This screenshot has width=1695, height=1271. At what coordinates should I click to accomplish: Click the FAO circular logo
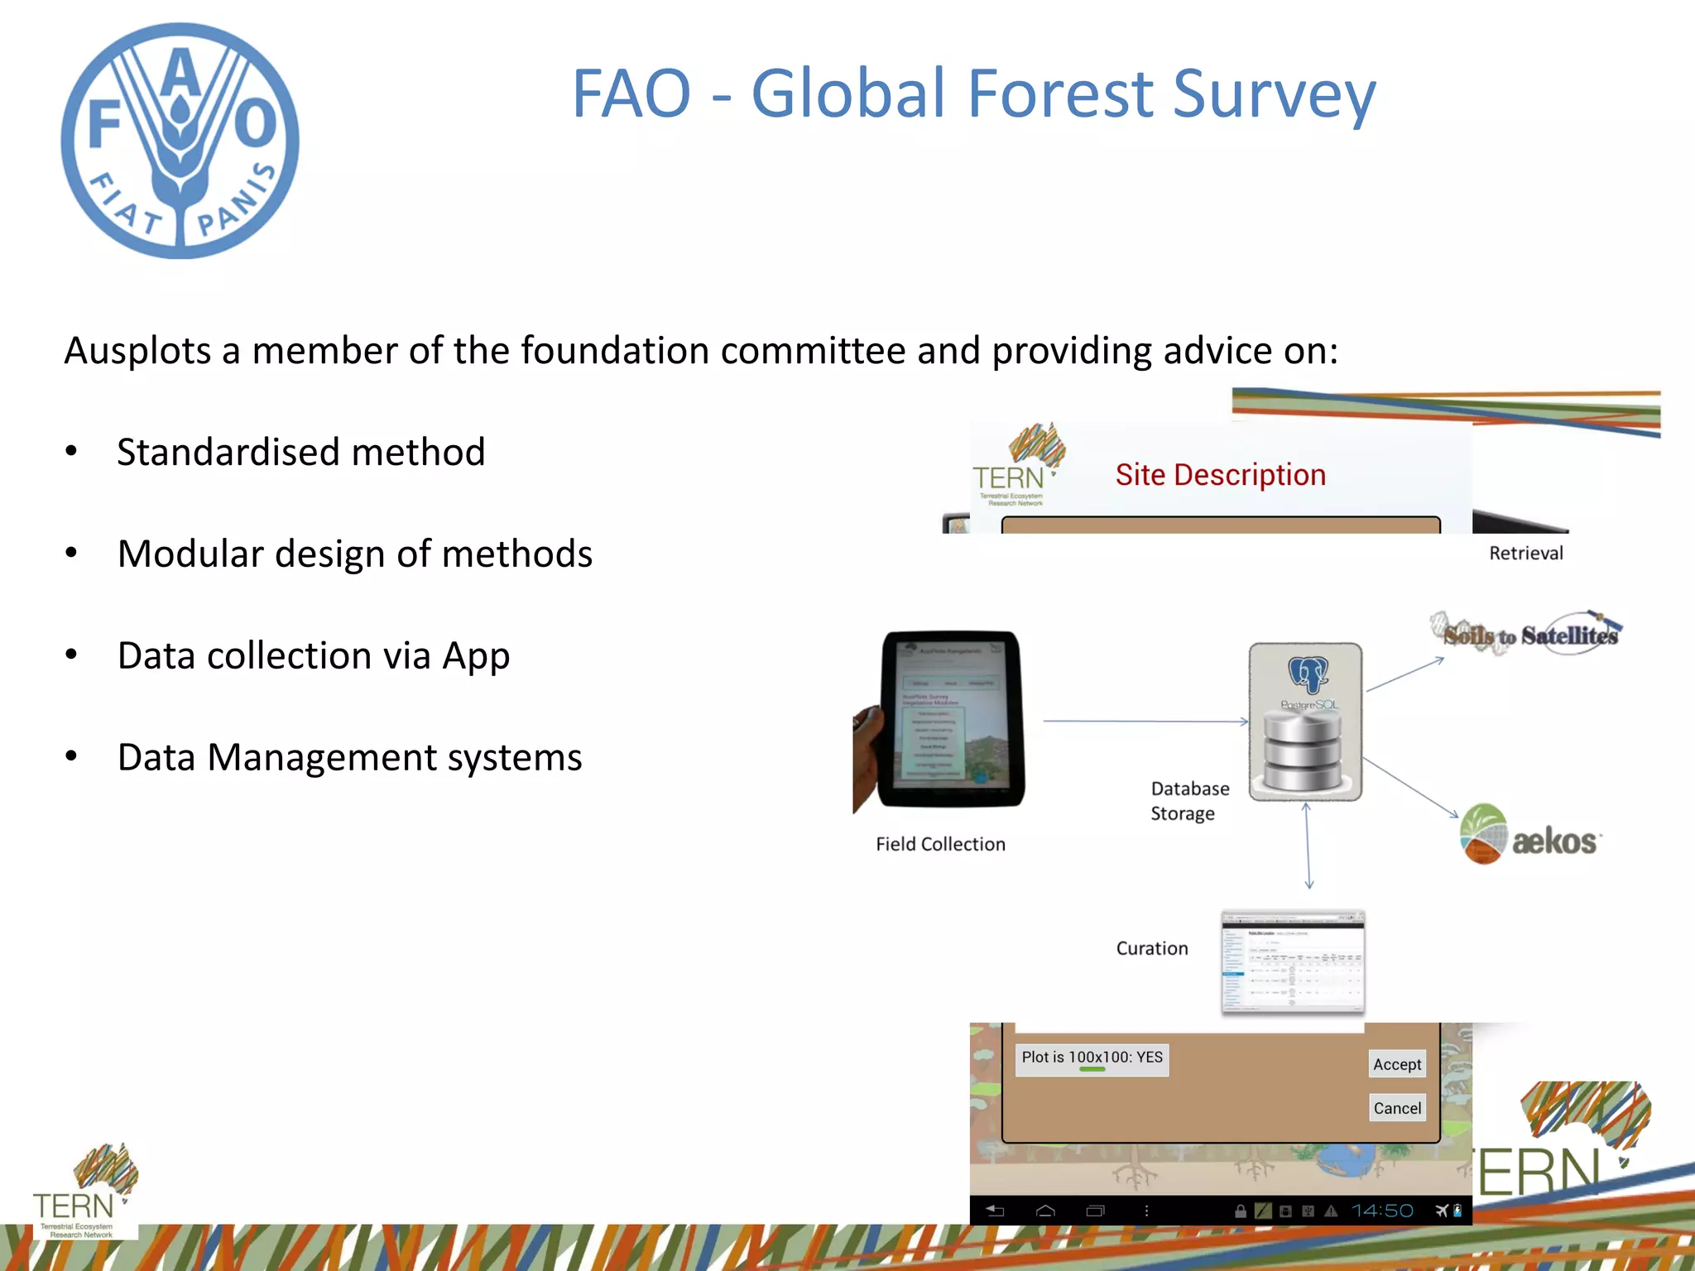pyautogui.click(x=180, y=141)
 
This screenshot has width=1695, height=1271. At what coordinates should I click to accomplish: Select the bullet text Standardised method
pyautogui.click(x=300, y=452)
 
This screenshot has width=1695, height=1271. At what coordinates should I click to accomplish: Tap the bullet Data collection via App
pyautogui.click(x=313, y=655)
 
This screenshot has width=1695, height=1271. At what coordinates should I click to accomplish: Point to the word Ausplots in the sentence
pyautogui.click(x=137, y=351)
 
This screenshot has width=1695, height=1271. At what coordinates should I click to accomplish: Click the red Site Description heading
pyautogui.click(x=1220, y=475)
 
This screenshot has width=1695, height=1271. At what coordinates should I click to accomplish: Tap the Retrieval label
pyautogui.click(x=1525, y=553)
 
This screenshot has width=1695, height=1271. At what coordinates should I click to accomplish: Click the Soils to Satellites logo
pyautogui.click(x=1528, y=634)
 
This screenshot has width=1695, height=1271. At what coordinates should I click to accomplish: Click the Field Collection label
pyautogui.click(x=940, y=844)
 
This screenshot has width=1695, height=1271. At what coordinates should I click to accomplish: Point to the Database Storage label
pyautogui.click(x=1188, y=800)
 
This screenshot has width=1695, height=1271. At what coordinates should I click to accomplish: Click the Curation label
pyautogui.click(x=1151, y=948)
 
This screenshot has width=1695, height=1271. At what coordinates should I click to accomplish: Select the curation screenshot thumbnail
pyautogui.click(x=1293, y=962)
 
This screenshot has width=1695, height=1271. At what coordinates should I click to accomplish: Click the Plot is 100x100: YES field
pyautogui.click(x=1092, y=1058)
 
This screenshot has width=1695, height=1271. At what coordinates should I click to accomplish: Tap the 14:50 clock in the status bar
pyautogui.click(x=1382, y=1211)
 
